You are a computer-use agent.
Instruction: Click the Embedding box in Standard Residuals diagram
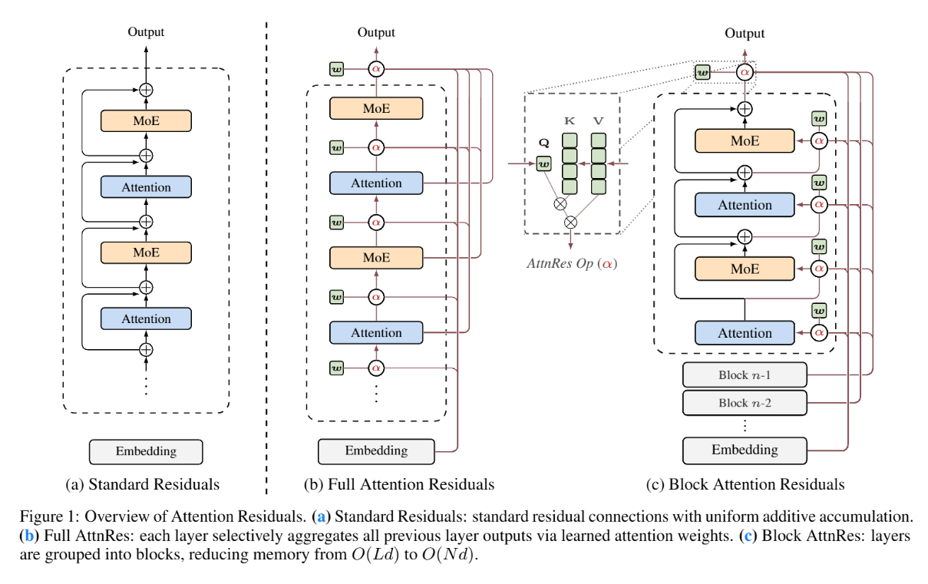coord(146,450)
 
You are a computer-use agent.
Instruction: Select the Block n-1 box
coord(744,374)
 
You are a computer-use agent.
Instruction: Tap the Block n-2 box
coord(744,401)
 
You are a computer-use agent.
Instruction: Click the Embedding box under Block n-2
coord(744,450)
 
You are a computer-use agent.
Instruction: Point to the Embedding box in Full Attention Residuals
coord(375,450)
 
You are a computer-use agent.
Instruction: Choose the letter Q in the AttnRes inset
coord(544,143)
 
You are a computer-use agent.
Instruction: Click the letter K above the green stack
coord(569,121)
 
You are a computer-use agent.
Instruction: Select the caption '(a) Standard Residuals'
coord(145,484)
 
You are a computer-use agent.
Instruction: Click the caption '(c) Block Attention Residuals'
coord(757,484)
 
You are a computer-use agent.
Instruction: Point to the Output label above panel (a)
coord(146,32)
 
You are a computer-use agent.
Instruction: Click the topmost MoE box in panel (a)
coord(146,120)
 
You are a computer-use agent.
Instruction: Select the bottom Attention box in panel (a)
coord(146,318)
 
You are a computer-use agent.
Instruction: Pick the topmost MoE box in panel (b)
coord(375,108)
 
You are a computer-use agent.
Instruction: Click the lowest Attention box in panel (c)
coord(744,333)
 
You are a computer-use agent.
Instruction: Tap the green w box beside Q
coord(544,163)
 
